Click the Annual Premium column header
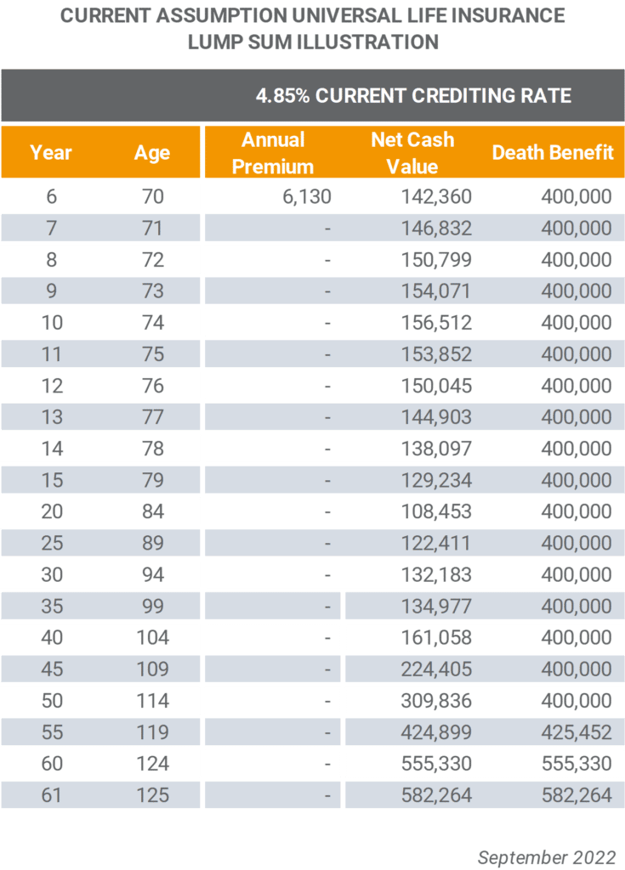click(273, 153)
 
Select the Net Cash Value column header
click(412, 153)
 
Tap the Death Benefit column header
click(553, 152)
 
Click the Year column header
click(51, 152)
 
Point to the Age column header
click(152, 153)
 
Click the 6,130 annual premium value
click(307, 196)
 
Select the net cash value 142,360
click(437, 196)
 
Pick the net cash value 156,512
click(437, 322)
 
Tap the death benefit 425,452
click(577, 732)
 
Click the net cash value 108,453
click(437, 511)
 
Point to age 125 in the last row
click(153, 795)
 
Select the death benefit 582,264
click(577, 795)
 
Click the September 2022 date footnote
click(547, 857)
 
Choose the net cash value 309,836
click(437, 700)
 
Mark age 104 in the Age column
click(153, 637)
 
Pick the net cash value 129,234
click(437, 480)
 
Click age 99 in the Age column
click(153, 606)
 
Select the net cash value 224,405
click(437, 669)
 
